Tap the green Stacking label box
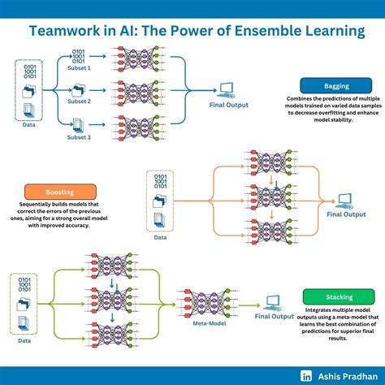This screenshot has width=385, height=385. tap(328, 297)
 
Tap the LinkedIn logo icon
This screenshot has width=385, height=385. tap(307, 375)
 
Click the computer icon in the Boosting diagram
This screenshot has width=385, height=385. tap(345, 200)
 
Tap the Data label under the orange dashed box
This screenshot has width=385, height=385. tap(161, 238)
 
